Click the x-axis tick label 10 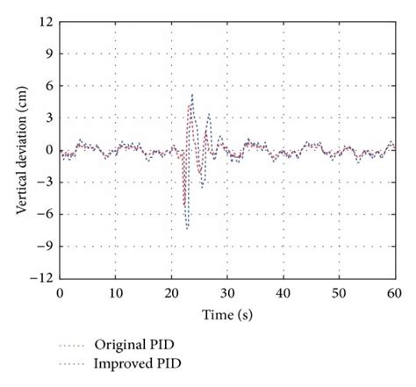[115, 294]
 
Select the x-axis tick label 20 [171, 294]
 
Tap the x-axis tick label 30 [226, 294]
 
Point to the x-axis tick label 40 [283, 294]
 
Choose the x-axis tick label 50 [339, 294]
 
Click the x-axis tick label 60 [394, 294]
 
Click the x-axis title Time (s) [226, 312]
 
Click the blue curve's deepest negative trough [188, 230]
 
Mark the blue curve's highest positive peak [192, 95]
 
